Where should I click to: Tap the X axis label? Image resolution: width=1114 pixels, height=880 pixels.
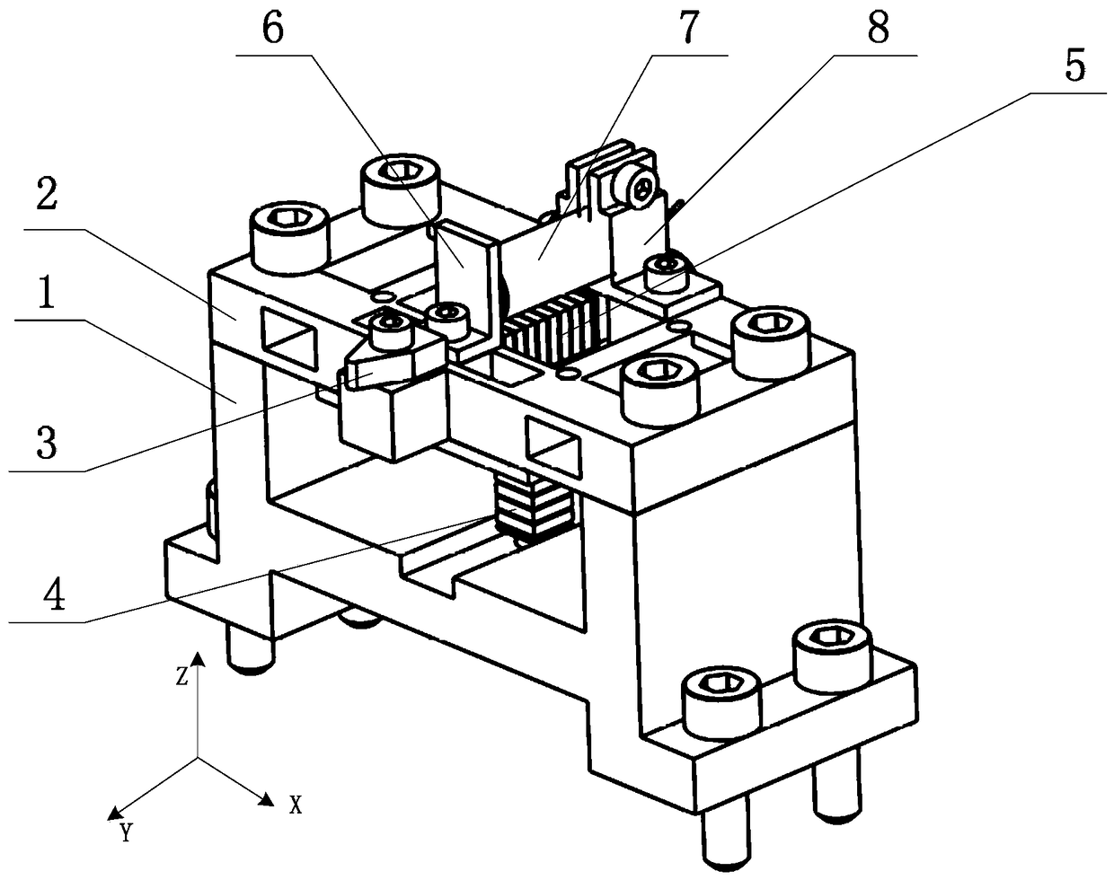point(295,805)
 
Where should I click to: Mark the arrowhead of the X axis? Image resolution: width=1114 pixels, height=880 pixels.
point(266,796)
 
